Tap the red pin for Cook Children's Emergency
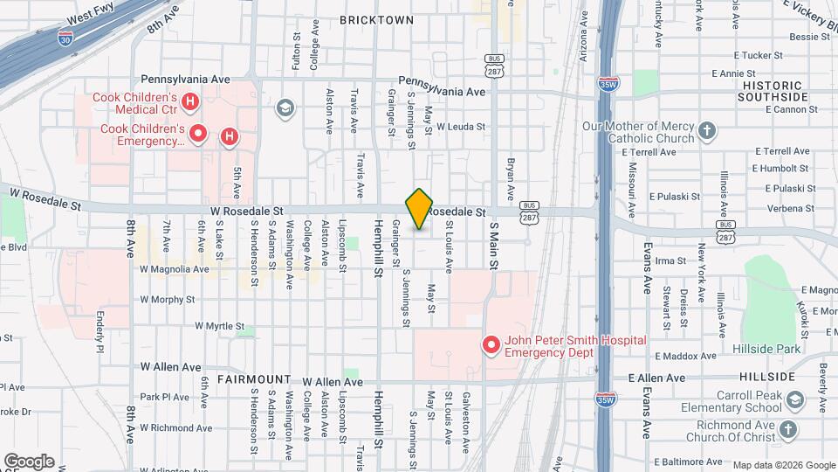coord(199,134)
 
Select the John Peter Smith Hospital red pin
coord(491,345)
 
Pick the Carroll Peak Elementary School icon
coord(794,400)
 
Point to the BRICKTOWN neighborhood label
coord(376,19)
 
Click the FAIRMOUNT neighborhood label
coord(254,379)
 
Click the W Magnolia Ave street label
coord(175,269)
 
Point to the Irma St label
coord(670,260)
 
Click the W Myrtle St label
coord(220,326)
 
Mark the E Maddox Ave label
coord(689,356)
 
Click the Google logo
coord(29,462)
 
